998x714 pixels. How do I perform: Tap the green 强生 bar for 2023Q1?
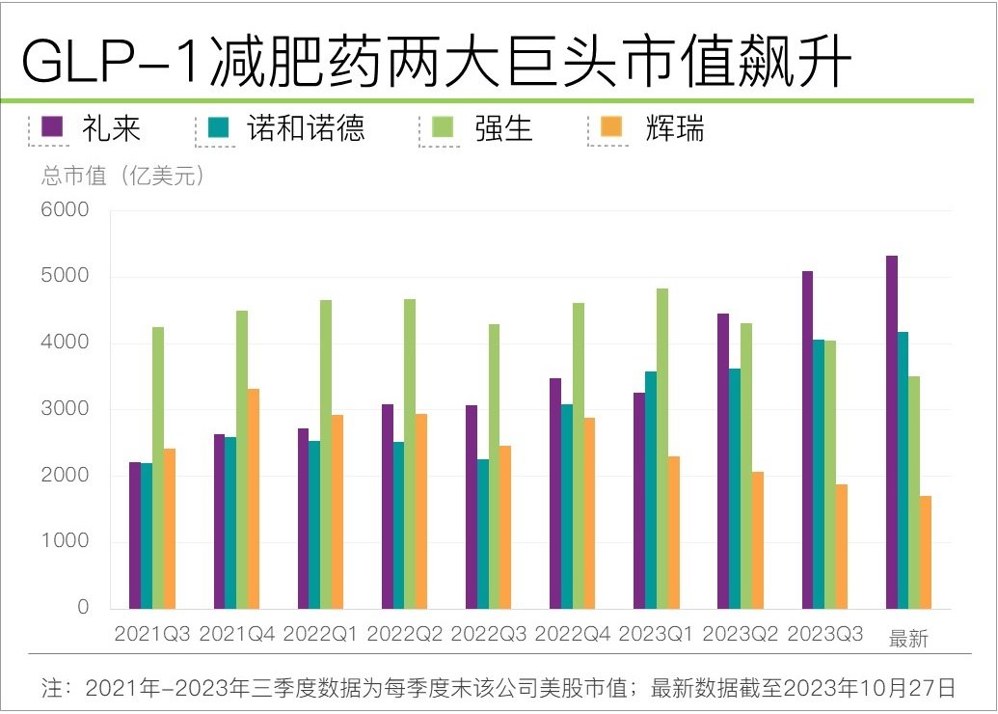(662, 449)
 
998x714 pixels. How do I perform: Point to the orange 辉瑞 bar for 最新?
(926, 552)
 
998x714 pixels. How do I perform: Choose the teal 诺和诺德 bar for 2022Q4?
(567, 507)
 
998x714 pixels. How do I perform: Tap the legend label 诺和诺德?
(306, 128)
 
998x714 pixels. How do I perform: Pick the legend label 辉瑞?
(675, 128)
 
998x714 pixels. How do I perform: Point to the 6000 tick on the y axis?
(65, 210)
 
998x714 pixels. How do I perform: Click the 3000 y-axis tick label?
(65, 409)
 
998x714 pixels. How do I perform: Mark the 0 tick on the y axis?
(83, 608)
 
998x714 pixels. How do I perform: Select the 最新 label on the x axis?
(907, 639)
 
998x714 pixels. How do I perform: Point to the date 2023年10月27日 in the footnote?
(870, 688)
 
